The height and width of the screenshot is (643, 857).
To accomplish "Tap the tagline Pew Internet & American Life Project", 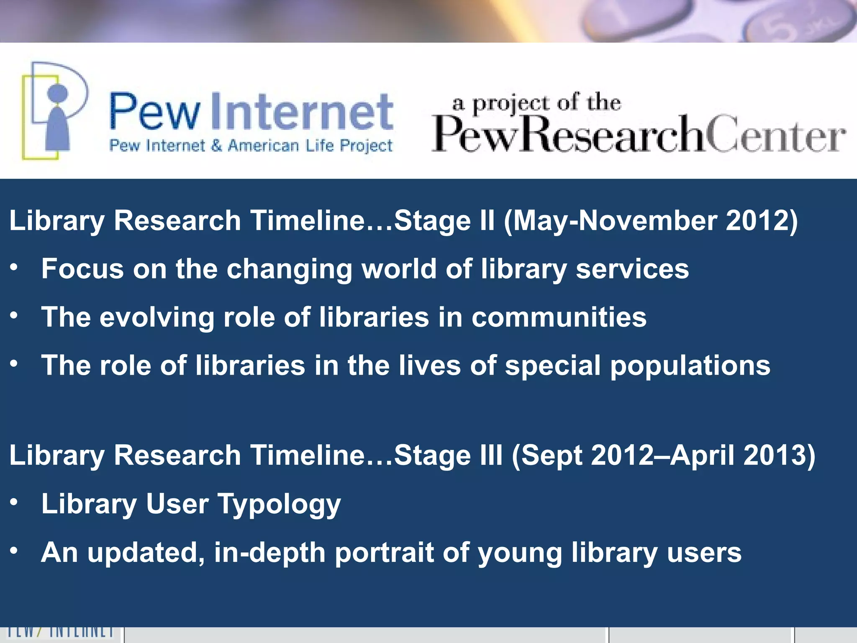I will [x=251, y=146].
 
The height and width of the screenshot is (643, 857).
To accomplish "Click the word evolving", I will [x=157, y=317].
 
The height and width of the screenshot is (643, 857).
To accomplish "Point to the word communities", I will [x=559, y=317].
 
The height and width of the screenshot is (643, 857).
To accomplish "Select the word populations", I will [x=690, y=365].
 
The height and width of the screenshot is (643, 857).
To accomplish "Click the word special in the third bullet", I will [x=552, y=365].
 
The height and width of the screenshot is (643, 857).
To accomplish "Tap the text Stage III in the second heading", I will [x=448, y=455].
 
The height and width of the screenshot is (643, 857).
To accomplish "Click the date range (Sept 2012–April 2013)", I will [x=663, y=455].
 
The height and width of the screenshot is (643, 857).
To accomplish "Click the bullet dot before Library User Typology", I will [x=14, y=502].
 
